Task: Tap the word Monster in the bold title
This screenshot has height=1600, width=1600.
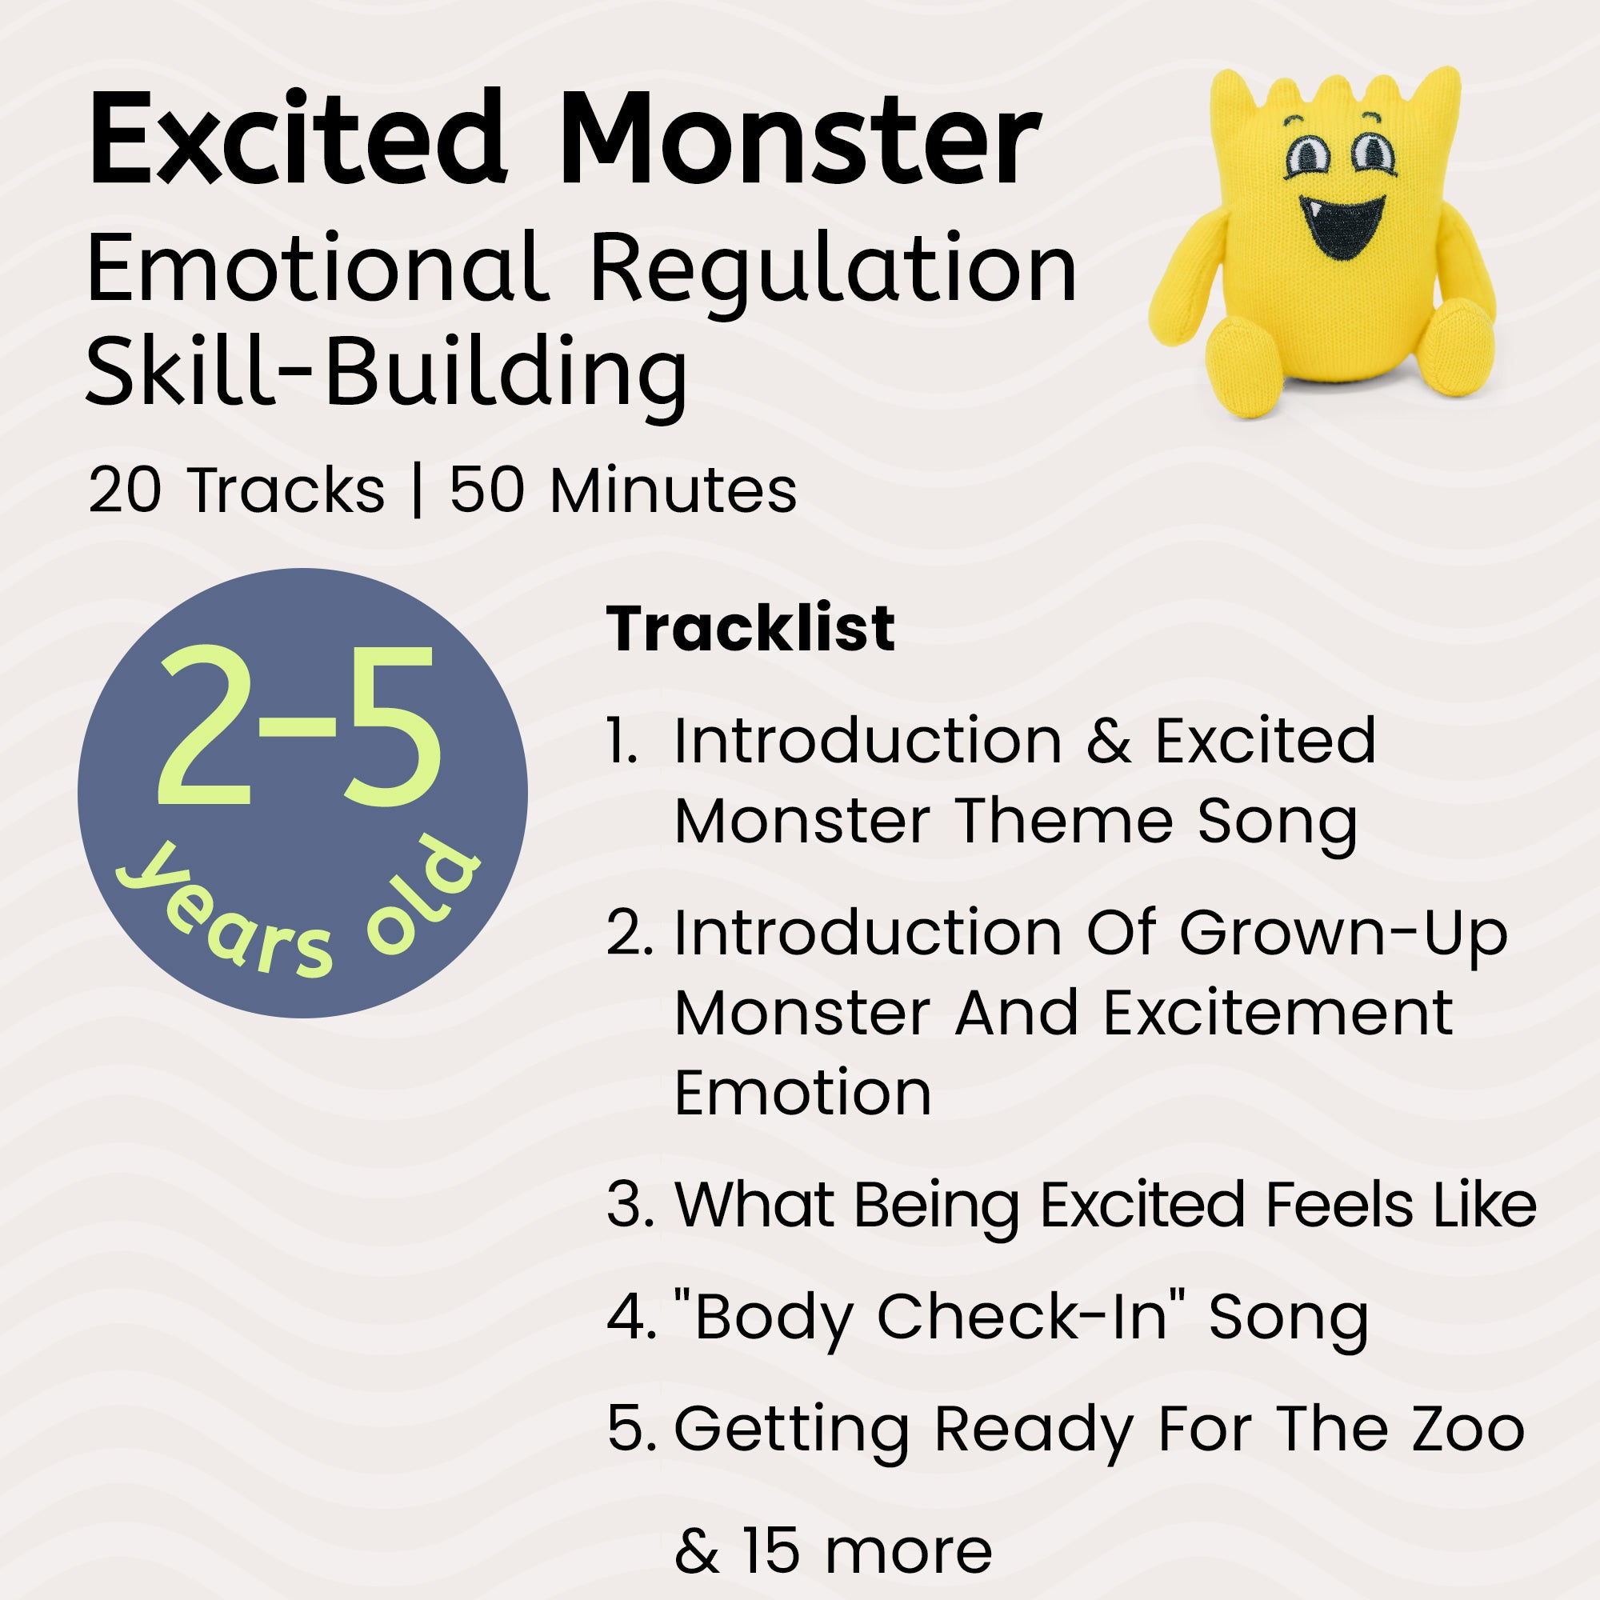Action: pyautogui.click(x=799, y=139)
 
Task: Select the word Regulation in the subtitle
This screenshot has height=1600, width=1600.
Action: pyautogui.click(x=832, y=269)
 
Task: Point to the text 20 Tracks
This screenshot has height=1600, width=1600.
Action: pyautogui.click(x=236, y=490)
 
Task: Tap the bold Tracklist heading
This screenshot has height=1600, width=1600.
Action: pyautogui.click(x=750, y=630)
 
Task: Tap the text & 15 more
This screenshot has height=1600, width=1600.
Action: pyautogui.click(x=833, y=1550)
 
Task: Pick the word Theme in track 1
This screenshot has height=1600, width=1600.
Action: pyautogui.click(x=1064, y=822)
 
